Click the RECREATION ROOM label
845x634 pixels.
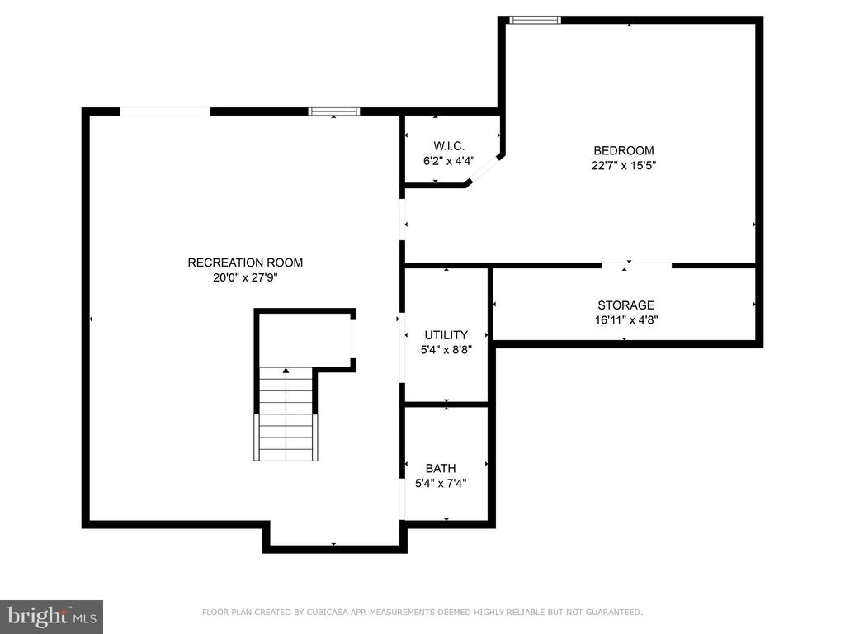[x=245, y=263]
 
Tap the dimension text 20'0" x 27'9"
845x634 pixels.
[x=245, y=277]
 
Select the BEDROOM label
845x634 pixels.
[x=624, y=150]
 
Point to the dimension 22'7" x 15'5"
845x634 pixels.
[x=624, y=165]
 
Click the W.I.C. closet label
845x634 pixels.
[x=449, y=146]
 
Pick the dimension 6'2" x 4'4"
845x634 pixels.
[x=449, y=161]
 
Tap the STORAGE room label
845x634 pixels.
[x=625, y=305]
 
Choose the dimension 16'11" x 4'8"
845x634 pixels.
[x=625, y=319]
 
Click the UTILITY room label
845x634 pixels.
[x=446, y=335]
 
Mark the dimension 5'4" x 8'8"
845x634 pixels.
[x=446, y=350]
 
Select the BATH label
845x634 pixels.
[x=441, y=469]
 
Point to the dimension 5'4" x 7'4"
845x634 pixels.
[x=441, y=484]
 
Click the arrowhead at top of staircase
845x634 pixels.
[x=286, y=371]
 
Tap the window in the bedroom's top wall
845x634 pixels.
[x=535, y=20]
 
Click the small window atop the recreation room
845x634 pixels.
[x=334, y=111]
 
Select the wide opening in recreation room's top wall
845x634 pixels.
[x=165, y=111]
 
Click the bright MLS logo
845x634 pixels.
[x=52, y=617]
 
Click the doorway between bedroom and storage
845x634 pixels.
[x=636, y=265]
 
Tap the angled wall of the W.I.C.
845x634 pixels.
[x=484, y=169]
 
